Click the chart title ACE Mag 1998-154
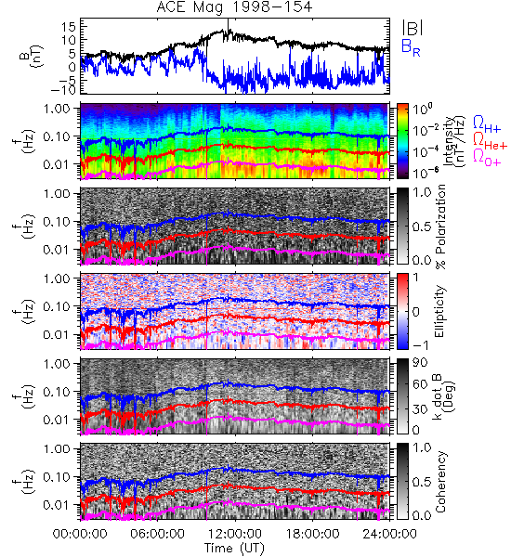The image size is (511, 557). coord(234,7)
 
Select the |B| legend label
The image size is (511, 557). coord(413,28)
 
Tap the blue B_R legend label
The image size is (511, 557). coord(411,47)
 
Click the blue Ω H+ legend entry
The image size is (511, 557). coord(487,124)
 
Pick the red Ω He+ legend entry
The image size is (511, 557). coord(490,141)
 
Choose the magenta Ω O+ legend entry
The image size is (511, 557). coord(487,158)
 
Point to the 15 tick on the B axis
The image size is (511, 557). coord(69,27)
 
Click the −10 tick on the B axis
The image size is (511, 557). coord(64,90)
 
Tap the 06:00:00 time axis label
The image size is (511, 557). coord(157,534)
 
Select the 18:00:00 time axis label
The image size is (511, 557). coord(312,534)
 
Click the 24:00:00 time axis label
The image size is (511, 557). coord(389,534)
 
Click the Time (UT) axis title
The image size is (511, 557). coord(234,548)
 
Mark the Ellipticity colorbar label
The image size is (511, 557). coord(439,312)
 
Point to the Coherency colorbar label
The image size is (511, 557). coord(439,482)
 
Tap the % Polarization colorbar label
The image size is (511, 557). coord(439,227)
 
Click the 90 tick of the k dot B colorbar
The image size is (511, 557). coord(420,363)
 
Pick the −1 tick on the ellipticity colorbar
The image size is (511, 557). coord(420,344)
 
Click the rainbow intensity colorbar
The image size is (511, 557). coord(402,141)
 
